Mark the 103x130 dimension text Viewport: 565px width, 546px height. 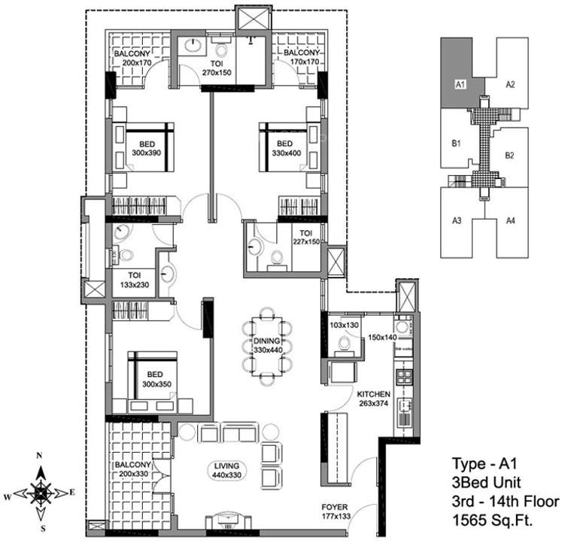tap(344, 325)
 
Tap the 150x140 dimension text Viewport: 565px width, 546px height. tap(381, 338)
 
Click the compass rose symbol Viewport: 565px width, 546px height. tap(42, 493)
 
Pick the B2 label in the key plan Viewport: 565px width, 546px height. tap(509, 156)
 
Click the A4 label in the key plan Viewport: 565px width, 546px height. tap(510, 220)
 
